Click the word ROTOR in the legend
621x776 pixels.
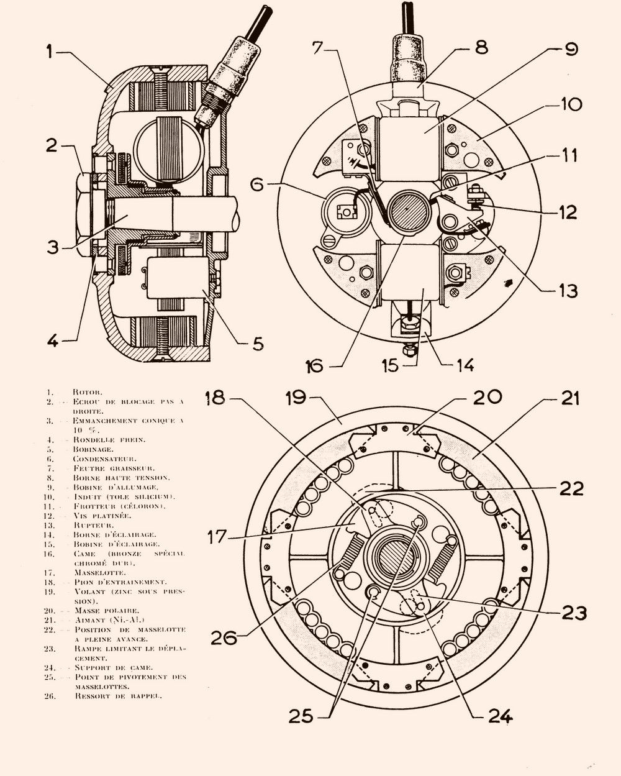pos(88,392)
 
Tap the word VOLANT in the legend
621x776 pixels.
pos(89,591)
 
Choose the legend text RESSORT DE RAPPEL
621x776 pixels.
pos(118,696)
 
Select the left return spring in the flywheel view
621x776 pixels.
pos(349,555)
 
